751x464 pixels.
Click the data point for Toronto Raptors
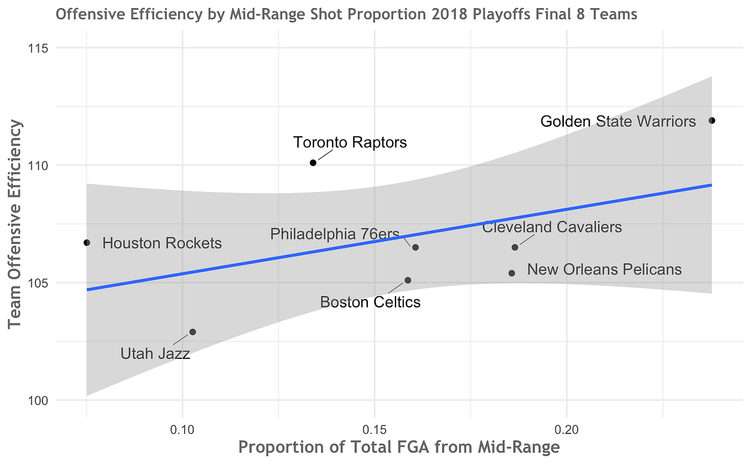coord(313,162)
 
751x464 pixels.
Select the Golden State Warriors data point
coord(712,120)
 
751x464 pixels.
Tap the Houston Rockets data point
coord(87,242)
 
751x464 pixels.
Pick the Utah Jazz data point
coord(192,332)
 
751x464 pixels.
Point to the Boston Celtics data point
coord(408,280)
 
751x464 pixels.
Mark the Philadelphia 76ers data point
coord(415,248)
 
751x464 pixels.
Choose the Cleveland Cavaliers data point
coord(515,248)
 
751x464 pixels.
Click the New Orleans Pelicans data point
coord(512,273)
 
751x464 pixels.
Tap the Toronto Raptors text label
coord(350,143)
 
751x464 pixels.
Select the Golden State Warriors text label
coord(618,121)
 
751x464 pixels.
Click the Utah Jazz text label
coord(155,354)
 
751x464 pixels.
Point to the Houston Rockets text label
coord(162,243)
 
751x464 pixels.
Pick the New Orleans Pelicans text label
coord(604,269)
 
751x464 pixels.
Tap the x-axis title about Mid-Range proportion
coord(399,448)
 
